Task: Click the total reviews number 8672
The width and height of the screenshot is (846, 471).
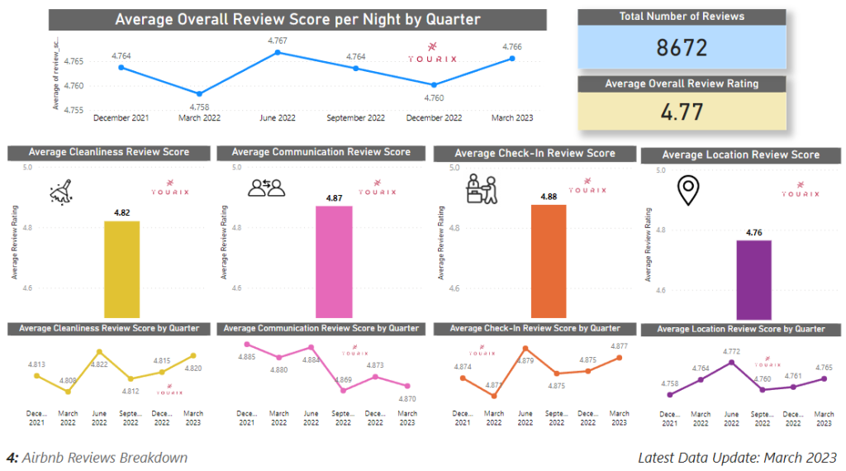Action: [682, 47]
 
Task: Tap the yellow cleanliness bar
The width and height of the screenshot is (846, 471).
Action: [121, 269]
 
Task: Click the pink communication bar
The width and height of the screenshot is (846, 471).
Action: [334, 261]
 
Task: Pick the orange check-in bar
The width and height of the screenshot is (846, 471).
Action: [549, 260]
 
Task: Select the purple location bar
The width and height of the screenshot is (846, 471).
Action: [753, 278]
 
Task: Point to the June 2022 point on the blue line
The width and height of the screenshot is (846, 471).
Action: [278, 52]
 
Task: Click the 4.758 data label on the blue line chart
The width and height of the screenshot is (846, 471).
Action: [199, 107]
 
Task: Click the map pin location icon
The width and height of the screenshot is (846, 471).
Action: [687, 191]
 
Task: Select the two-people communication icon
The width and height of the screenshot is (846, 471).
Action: [266, 188]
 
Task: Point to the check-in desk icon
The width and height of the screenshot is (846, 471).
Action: [482, 189]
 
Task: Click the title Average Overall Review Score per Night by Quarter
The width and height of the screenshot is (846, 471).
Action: [297, 20]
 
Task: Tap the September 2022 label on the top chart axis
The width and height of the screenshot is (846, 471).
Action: [355, 118]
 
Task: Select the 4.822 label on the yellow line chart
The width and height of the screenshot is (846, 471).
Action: [98, 364]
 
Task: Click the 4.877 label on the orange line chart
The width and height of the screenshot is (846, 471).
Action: [618, 346]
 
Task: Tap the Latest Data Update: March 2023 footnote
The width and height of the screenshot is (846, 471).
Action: [737, 457]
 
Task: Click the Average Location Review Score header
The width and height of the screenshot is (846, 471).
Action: [740, 155]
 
